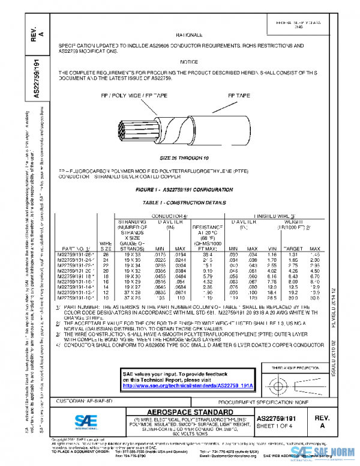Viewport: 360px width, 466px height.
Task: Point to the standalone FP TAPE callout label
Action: (x=239, y=95)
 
